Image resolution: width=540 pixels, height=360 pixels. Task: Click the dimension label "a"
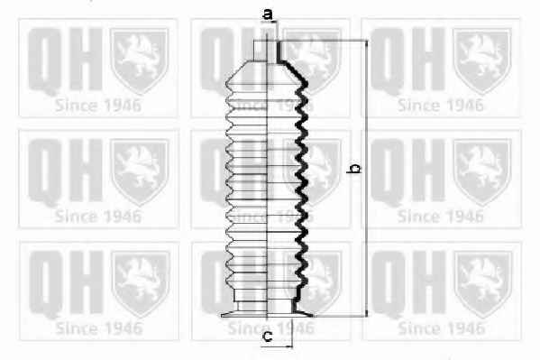(x=268, y=14)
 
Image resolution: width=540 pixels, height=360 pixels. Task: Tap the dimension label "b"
(x=354, y=169)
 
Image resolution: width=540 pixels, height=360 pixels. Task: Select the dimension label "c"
(x=267, y=337)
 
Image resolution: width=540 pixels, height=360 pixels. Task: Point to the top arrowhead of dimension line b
(x=366, y=43)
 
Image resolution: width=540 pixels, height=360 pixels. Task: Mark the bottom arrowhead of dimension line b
(x=366, y=313)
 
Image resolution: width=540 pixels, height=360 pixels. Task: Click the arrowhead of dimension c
(x=289, y=346)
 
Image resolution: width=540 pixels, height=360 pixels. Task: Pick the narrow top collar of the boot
(x=267, y=51)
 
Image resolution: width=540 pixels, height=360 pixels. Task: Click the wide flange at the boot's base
(x=267, y=314)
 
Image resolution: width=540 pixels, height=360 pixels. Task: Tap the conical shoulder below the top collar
(x=267, y=73)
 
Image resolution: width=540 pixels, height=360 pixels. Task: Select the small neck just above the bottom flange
(x=267, y=306)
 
